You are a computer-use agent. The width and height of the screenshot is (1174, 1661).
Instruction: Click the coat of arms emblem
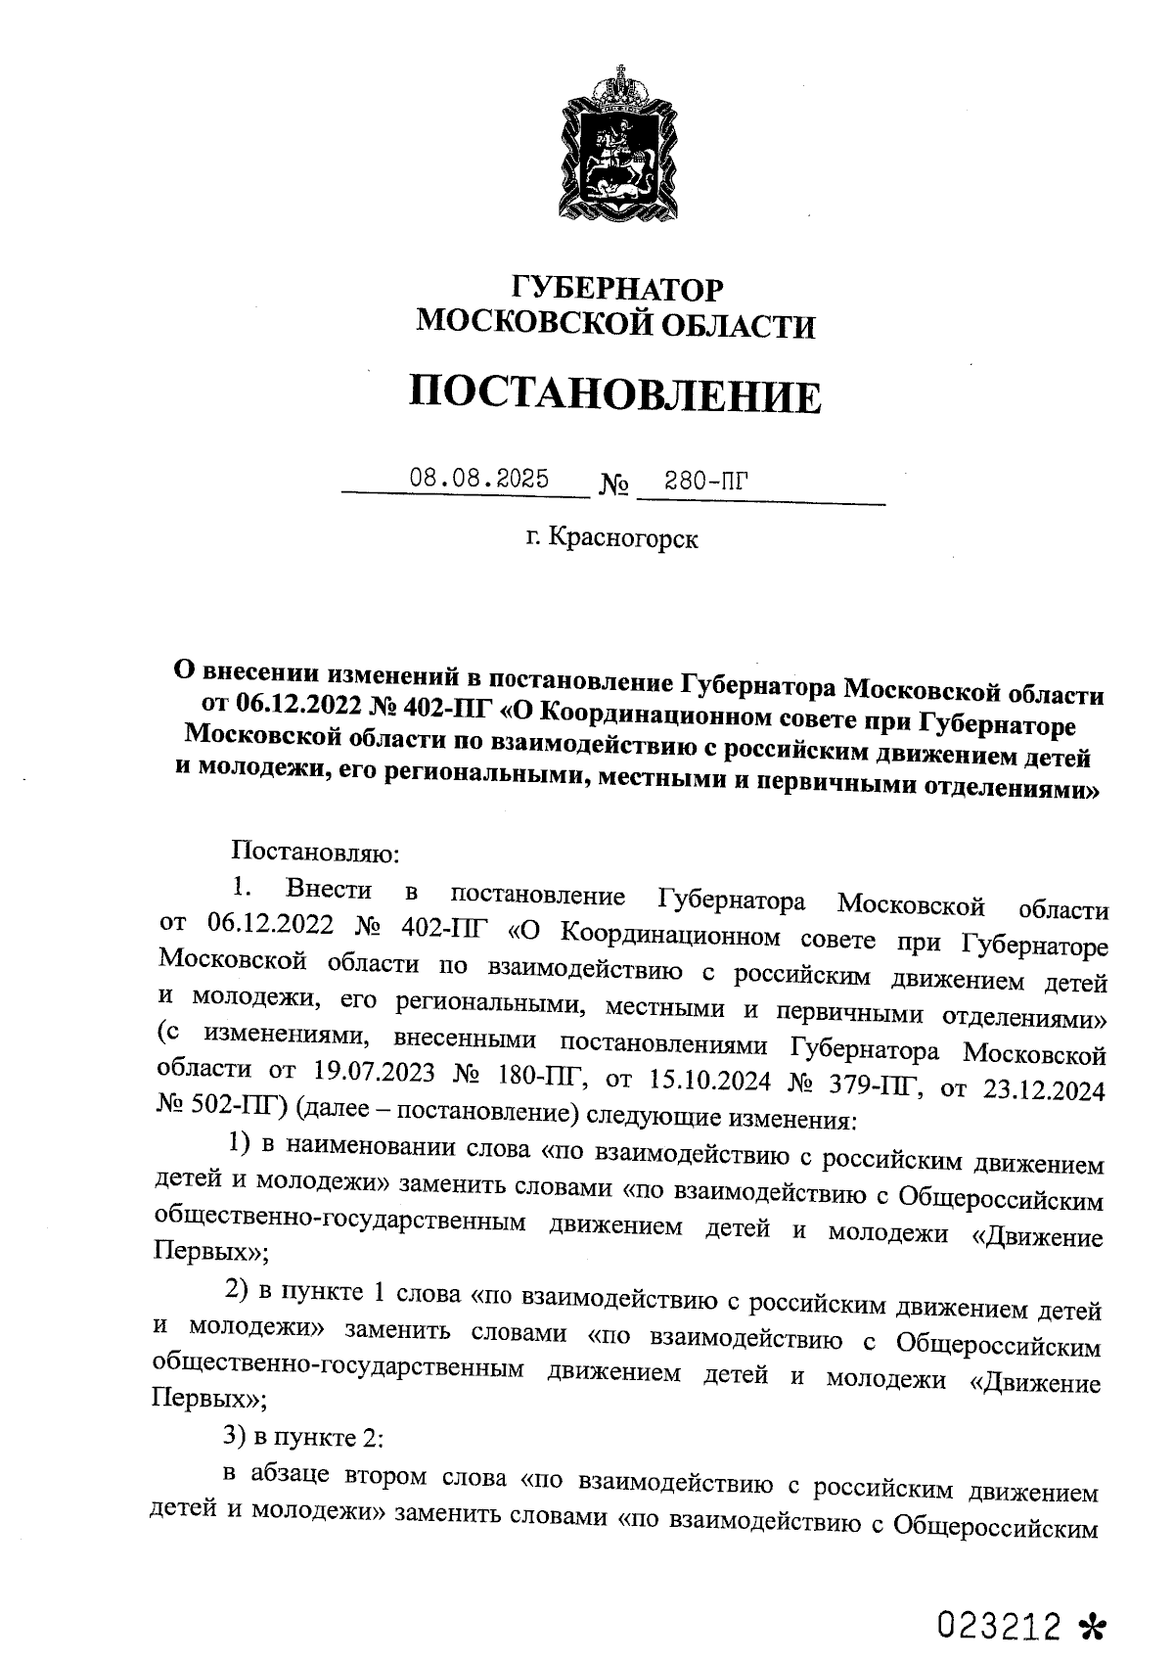point(617,144)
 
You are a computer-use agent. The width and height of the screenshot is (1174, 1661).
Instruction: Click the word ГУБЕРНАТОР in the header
point(617,289)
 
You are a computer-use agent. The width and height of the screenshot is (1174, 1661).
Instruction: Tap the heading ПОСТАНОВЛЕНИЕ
point(614,394)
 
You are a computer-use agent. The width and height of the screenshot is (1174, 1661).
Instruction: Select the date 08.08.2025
point(479,479)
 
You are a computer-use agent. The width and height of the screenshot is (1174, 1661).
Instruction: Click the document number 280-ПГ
point(704,480)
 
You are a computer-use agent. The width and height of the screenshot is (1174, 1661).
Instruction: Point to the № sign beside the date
point(613,484)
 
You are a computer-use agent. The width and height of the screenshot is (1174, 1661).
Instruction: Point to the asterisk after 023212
point(1090,1599)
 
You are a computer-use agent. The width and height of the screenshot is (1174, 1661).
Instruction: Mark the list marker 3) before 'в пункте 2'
point(236,1437)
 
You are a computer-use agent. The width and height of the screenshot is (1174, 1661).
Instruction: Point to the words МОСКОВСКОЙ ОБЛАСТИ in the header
point(615,325)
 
